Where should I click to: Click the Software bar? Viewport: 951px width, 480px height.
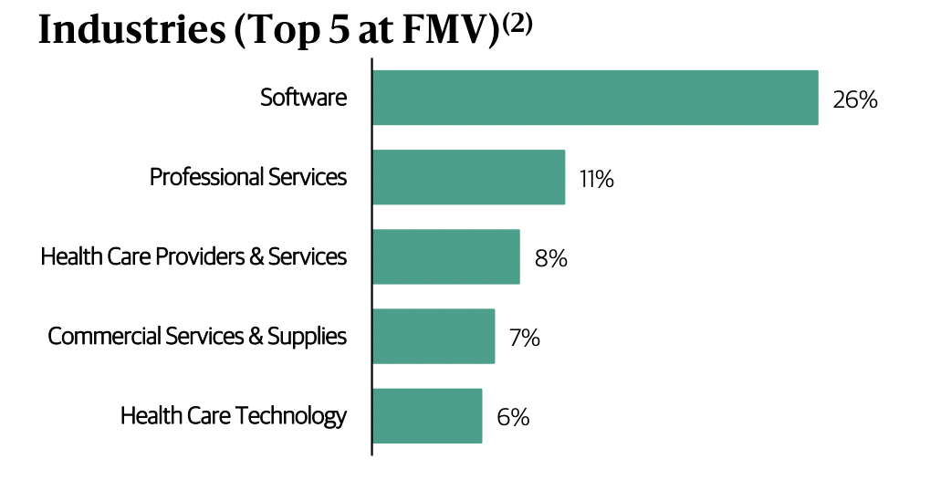tap(594, 98)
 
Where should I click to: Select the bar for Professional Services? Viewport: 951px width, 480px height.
tap(468, 177)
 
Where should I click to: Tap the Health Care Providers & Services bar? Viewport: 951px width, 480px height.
tap(445, 256)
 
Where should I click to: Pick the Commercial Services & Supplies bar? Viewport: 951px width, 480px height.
tap(433, 336)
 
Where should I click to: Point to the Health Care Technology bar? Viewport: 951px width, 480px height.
tap(426, 416)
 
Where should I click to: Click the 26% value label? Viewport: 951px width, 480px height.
tap(854, 99)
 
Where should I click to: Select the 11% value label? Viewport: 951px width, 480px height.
tap(596, 179)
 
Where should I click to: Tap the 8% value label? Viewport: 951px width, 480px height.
tap(551, 258)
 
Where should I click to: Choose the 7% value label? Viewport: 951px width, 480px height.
tap(525, 338)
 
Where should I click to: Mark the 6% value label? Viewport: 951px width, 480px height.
tap(513, 418)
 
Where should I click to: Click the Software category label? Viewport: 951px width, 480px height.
tap(304, 97)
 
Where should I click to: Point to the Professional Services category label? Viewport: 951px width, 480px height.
tap(248, 176)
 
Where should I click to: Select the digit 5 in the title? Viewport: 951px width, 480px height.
tap(349, 31)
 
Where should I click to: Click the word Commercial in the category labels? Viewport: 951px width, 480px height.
tap(103, 336)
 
